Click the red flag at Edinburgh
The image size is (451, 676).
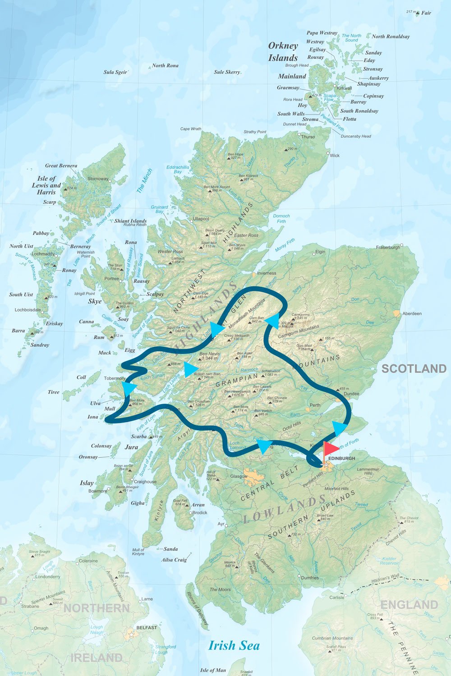point(331,449)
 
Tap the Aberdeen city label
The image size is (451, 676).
point(412,313)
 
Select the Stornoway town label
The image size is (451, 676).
point(98,179)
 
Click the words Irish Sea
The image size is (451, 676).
point(234,645)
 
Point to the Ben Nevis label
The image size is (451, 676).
point(209,354)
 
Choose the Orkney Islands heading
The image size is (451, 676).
point(283,51)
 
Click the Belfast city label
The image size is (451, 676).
point(147,627)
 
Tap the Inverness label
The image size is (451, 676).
point(267,273)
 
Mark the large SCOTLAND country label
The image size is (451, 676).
point(414,368)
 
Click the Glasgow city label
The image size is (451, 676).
point(239,476)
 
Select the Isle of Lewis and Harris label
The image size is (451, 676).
point(46,185)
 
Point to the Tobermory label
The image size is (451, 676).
point(114,378)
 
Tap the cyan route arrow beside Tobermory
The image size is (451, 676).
point(129,388)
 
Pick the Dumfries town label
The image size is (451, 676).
point(310,578)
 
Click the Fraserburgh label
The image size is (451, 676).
point(388,247)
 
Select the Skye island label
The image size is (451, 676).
point(95,301)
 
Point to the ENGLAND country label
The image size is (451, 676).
point(409,605)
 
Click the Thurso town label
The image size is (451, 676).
point(308,137)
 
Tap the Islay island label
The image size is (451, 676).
point(87,483)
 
